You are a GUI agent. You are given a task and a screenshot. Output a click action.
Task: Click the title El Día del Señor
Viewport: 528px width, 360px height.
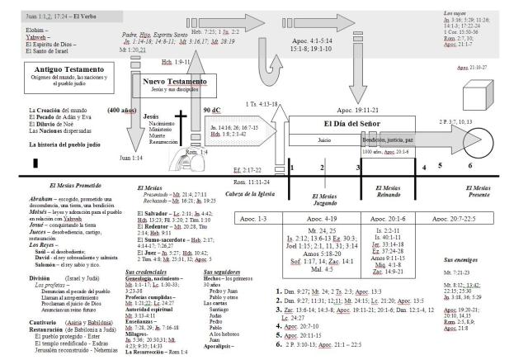pyautogui.click(x=341, y=124)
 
